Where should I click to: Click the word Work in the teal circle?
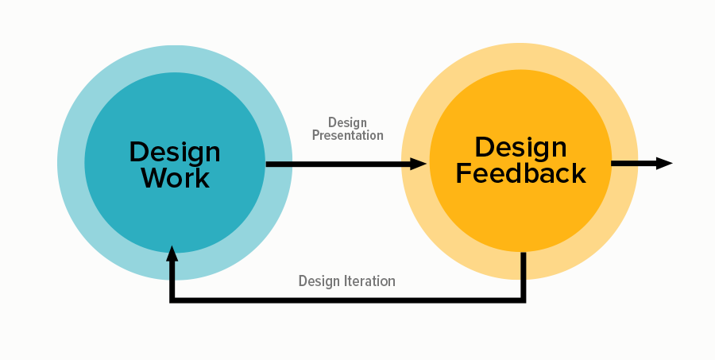point(175,178)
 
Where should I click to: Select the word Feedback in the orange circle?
point(520,173)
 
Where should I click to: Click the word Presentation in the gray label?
point(347,136)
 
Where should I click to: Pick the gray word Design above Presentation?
point(347,122)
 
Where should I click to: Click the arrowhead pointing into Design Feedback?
point(418,164)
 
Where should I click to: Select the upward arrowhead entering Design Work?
point(172,254)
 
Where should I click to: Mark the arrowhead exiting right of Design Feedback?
point(664,164)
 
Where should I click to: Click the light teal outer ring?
point(71,163)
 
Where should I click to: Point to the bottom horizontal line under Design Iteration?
point(347,300)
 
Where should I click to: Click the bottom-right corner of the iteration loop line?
point(524,300)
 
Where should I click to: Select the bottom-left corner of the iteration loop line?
point(172,300)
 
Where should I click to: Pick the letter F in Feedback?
point(464,173)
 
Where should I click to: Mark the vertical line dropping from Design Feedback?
point(524,276)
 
